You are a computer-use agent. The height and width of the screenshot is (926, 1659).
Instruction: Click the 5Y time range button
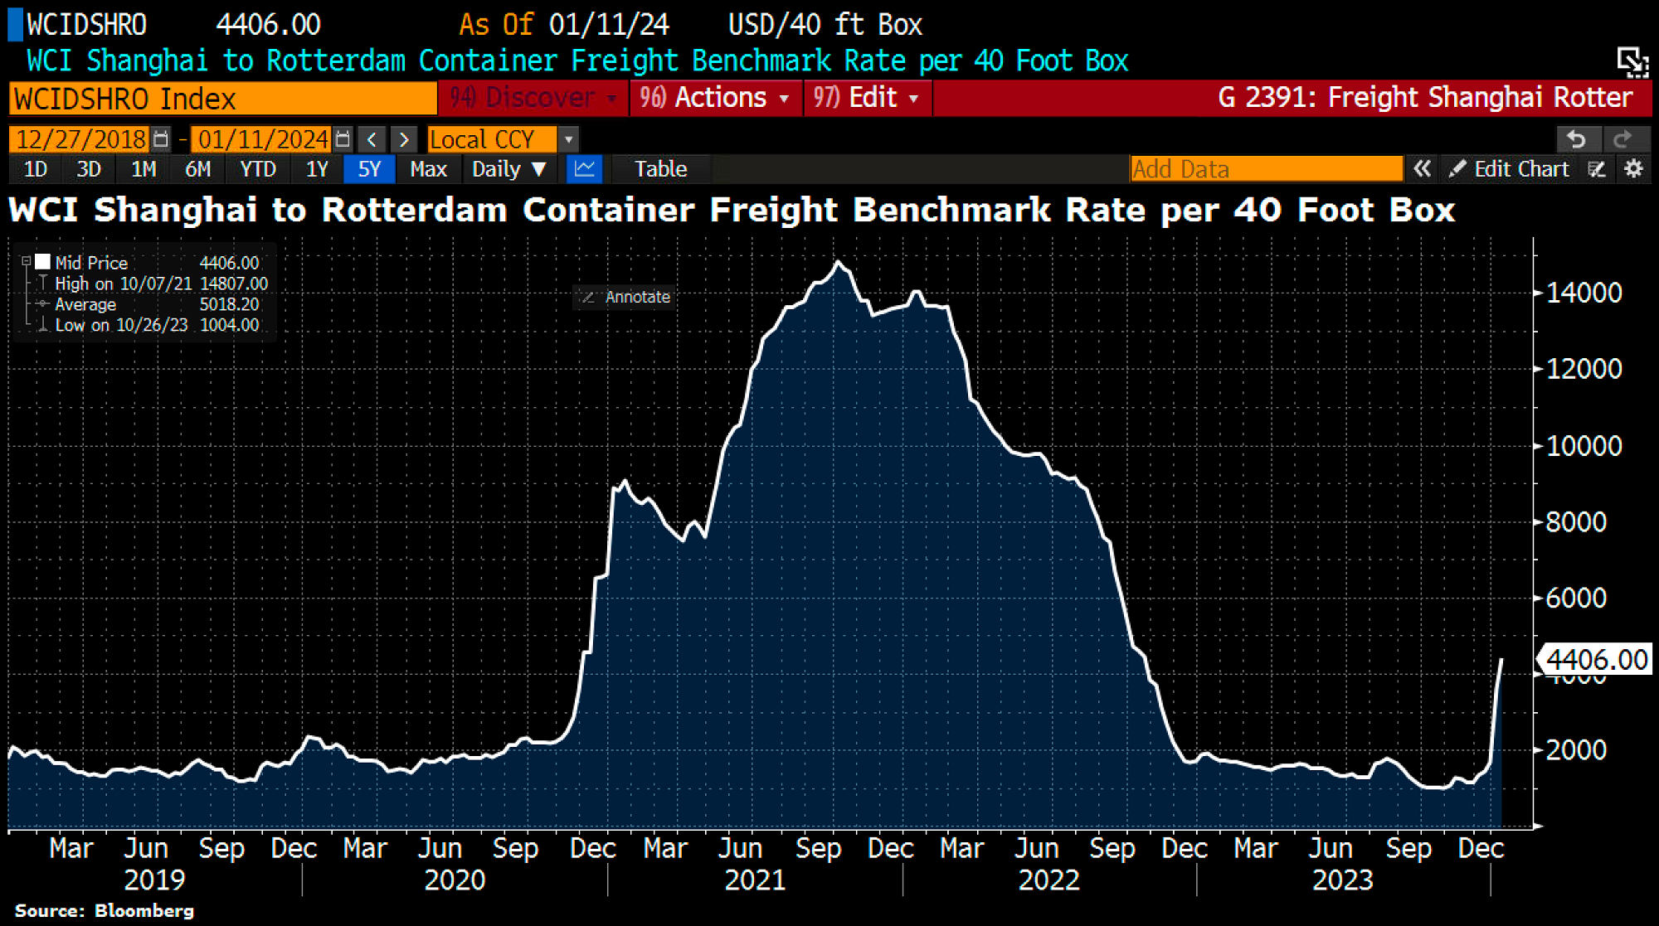point(369,169)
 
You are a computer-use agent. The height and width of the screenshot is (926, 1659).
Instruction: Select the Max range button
point(428,169)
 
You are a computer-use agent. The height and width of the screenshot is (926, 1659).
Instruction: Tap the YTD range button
point(257,169)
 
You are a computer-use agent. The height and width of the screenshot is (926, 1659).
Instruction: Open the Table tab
point(660,169)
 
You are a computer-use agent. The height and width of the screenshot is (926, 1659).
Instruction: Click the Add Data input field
point(1265,169)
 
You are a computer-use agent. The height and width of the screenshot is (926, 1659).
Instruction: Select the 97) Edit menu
point(866,98)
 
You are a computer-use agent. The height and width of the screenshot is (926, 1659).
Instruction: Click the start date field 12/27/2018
point(80,139)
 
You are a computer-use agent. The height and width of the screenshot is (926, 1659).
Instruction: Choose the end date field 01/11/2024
point(263,139)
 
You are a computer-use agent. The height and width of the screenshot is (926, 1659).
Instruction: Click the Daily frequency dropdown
point(508,169)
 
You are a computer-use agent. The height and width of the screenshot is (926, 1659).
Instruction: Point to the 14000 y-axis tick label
point(1584,293)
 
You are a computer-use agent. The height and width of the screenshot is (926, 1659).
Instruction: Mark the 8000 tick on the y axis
point(1576,522)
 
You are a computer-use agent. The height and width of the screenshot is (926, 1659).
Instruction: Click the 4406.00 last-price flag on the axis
point(1595,660)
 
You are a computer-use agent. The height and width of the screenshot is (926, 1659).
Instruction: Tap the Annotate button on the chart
point(626,297)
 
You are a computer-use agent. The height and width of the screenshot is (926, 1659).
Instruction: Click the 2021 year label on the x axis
point(755,880)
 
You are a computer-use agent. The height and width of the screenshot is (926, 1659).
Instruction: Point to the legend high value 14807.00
point(234,284)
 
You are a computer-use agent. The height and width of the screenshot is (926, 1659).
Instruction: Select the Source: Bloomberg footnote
point(105,910)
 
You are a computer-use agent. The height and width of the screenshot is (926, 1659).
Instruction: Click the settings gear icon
point(1633,169)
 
